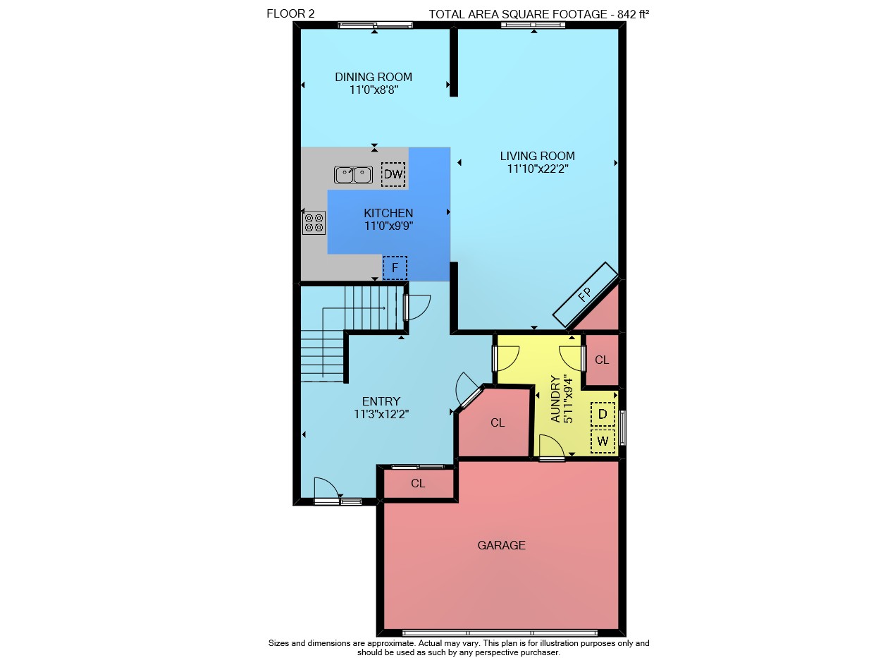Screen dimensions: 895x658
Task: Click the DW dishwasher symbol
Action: coord(393,174)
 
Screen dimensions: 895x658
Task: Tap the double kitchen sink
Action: coord(353,175)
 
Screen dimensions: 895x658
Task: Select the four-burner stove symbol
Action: coord(314,223)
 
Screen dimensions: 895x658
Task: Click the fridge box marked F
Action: coord(395,268)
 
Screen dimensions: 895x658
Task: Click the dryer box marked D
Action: coord(603,414)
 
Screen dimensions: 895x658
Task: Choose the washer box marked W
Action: coord(603,441)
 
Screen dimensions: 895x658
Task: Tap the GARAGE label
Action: coord(502,545)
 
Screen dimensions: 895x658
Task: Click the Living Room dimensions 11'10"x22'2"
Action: coord(538,169)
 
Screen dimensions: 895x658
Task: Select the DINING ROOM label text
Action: coord(374,77)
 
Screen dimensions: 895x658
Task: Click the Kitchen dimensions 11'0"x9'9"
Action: coord(388,226)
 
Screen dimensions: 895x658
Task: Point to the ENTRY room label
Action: coord(381,401)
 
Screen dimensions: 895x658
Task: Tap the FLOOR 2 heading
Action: coord(290,14)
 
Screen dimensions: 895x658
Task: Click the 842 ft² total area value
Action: coord(634,14)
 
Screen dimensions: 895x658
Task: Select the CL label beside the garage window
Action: coord(418,483)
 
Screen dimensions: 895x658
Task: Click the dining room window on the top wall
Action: coord(375,25)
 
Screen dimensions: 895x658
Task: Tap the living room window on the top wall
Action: coord(533,25)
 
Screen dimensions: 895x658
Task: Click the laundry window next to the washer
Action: coord(622,427)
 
